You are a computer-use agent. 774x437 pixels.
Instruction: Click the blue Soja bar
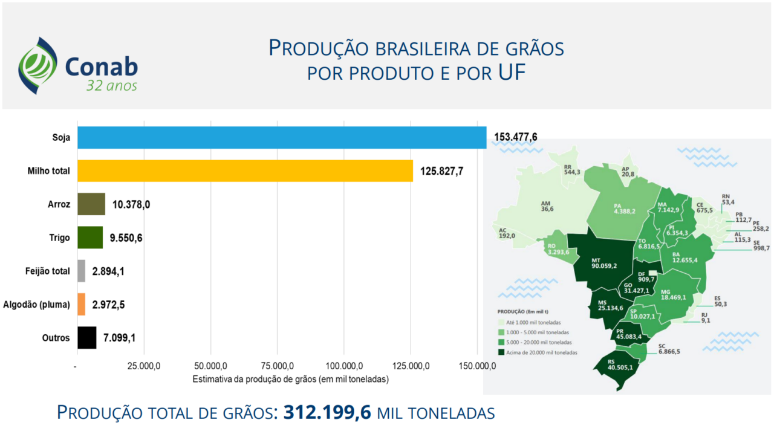282,138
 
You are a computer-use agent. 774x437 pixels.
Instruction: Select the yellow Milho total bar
245,171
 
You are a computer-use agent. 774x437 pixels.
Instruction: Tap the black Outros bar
86,338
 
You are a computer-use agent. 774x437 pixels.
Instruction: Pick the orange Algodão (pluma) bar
81,305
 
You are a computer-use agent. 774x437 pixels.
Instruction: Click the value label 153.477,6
515,137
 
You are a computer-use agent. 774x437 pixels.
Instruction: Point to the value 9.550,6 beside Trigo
126,238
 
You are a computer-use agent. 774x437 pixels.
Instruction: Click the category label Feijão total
47,271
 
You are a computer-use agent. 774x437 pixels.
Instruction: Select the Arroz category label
59,204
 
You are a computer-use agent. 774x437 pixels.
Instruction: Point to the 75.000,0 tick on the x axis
278,366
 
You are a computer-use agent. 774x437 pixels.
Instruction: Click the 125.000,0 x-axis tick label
411,366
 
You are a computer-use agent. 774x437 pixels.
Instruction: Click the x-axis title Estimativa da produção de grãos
290,380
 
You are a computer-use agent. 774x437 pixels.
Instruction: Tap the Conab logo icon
37,65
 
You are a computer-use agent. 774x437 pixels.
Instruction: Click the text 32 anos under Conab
111,86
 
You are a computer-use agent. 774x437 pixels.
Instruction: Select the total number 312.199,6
327,413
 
